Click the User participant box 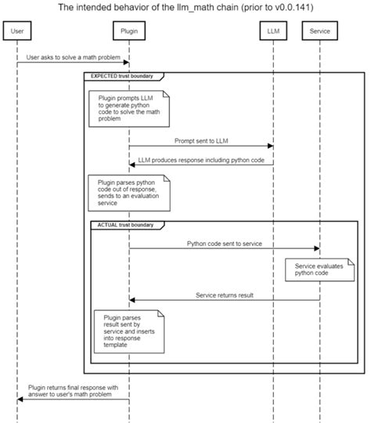[x=17, y=32]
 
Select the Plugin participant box [x=128, y=32]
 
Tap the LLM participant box [x=272, y=32]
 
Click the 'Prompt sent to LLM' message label [x=200, y=141]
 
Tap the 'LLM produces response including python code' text [x=200, y=160]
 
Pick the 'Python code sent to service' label [x=223, y=244]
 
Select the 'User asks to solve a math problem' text [x=73, y=58]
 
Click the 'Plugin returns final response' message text [x=73, y=390]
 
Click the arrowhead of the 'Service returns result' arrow [x=132, y=300]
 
